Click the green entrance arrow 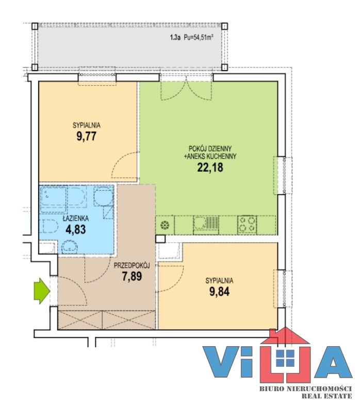click(42, 291)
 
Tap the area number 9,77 click(87, 137)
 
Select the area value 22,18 click(210, 167)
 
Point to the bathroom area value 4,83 click(76, 229)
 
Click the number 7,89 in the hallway click(132, 276)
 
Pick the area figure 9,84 click(219, 292)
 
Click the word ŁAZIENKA click(76, 218)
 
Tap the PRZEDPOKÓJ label click(132, 265)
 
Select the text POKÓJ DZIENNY click(210, 149)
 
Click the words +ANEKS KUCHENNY click(210, 156)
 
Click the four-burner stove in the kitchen click(247, 224)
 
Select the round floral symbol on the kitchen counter click(165, 225)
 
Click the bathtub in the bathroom click(62, 196)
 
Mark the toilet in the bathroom click(49, 226)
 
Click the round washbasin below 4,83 click(69, 247)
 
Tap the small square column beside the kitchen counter click(160, 239)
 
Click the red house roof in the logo click(285, 336)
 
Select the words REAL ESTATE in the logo click(326, 396)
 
